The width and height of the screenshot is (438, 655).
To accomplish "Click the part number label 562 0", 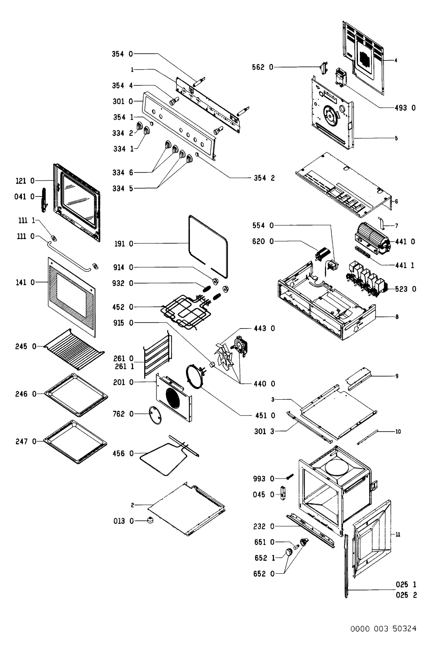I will [x=263, y=68].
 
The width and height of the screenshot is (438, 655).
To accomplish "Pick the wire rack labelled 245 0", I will [x=74, y=349].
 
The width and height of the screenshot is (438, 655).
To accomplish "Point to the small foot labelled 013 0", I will [x=150, y=521].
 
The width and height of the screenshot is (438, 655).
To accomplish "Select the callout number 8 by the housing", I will [x=397, y=317].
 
